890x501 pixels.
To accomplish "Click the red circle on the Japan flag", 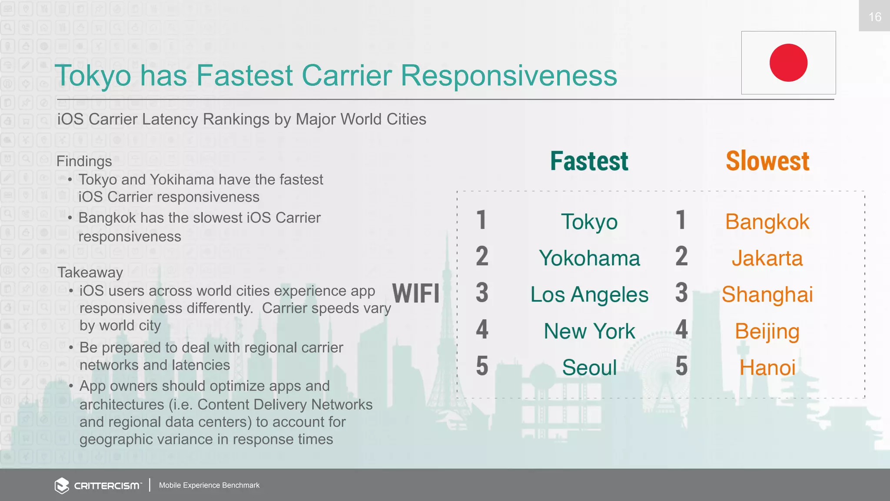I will tap(788, 63).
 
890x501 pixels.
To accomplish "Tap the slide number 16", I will tap(874, 17).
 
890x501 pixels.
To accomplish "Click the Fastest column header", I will tap(589, 161).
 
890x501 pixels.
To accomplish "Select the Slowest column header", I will tap(767, 161).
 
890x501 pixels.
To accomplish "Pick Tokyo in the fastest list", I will tap(589, 222).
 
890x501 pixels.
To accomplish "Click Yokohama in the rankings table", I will tap(589, 258).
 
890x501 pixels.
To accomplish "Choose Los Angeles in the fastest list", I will tap(589, 295).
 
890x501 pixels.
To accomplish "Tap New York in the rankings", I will tap(589, 331).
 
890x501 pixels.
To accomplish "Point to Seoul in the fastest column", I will tap(589, 367).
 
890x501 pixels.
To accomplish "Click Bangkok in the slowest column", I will tap(767, 222).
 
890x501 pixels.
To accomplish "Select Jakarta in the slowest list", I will tap(767, 258).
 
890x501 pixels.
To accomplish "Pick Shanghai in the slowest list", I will tap(767, 295).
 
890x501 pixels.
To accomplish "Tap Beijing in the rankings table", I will tap(767, 331).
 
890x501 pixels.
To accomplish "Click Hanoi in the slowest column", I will tap(767, 367).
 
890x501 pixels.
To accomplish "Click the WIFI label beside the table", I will tap(416, 294).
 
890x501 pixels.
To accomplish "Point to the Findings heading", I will tap(84, 161).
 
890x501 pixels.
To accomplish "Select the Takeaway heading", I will tap(90, 273).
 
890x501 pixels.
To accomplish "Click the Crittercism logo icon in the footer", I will tap(62, 485).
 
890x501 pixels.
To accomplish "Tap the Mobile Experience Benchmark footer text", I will tap(209, 485).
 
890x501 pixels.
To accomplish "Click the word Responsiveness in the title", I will tap(508, 76).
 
